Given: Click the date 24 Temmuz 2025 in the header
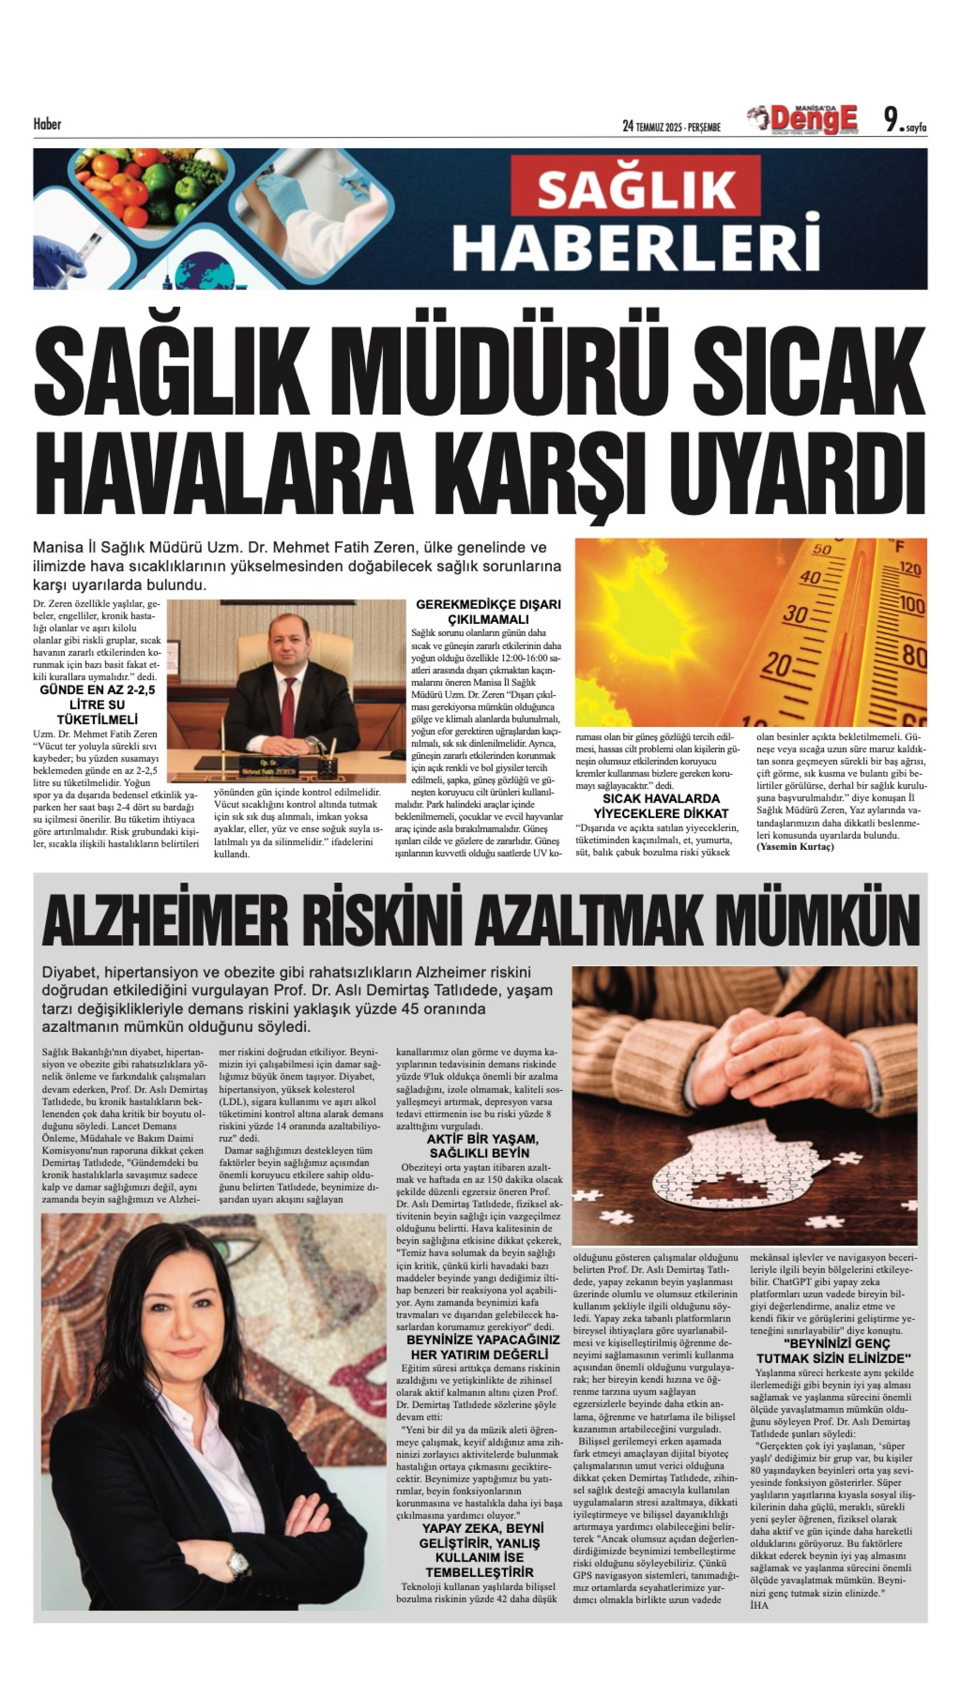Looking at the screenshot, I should pos(671,126).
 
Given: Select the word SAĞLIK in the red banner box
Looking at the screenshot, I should pos(636,190).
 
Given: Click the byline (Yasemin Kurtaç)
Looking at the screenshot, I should pos(795,847).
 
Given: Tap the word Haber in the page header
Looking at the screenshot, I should pos(47,124).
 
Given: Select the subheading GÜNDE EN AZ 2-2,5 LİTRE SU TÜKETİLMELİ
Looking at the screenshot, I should pos(97,705).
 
